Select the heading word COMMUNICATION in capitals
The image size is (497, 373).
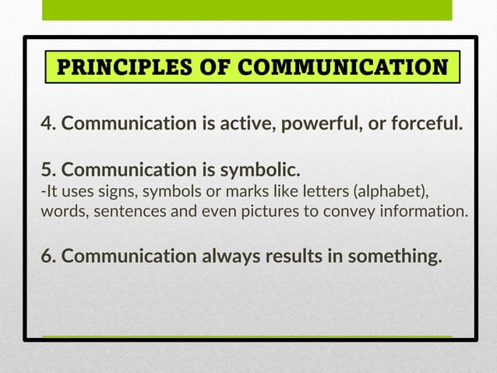tap(347, 67)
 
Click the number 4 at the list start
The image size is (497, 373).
tap(46, 123)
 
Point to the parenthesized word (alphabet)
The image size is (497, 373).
tap(390, 192)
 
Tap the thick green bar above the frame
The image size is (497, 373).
tap(246, 10)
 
